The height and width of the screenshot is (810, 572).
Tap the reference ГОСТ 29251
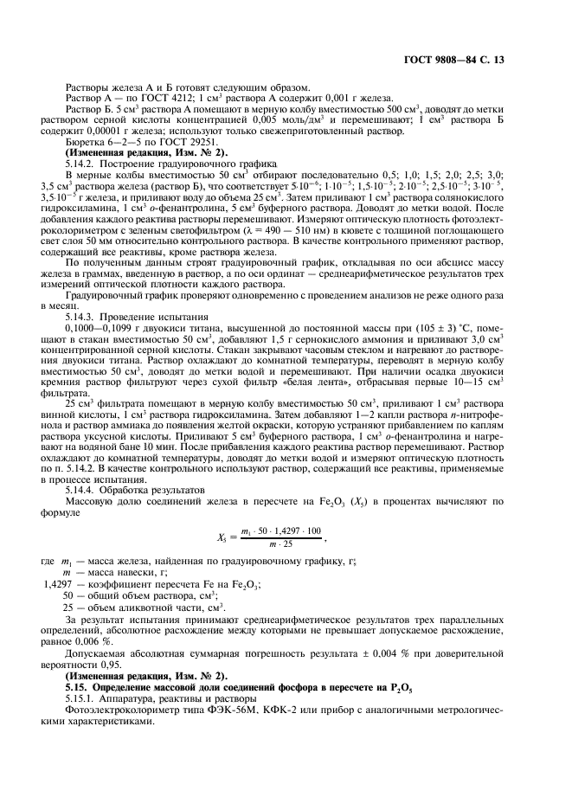(x=188, y=140)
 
